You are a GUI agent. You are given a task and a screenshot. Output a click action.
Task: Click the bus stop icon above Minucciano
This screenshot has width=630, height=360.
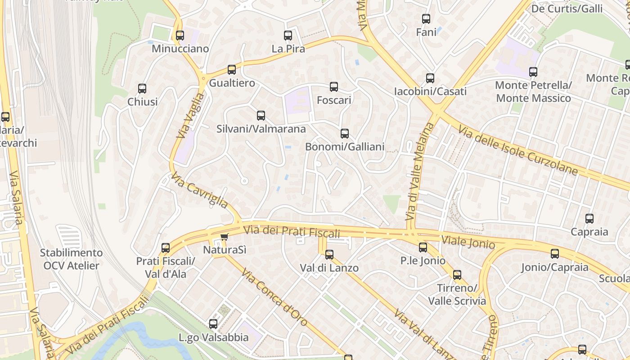click(x=180, y=36)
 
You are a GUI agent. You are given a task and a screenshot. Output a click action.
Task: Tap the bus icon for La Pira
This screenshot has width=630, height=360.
click(x=288, y=36)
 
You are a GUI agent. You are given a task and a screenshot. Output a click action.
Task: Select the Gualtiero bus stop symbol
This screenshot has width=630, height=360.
click(x=232, y=70)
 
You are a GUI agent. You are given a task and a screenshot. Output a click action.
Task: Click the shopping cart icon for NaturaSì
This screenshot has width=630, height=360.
click(x=224, y=237)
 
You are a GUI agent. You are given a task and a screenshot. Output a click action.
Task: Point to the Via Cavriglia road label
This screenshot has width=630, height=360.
click(x=199, y=192)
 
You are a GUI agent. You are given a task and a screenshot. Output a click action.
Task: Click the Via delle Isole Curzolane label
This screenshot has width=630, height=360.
click(x=517, y=150)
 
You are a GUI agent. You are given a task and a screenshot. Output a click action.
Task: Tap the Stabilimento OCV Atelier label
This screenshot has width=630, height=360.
click(x=71, y=259)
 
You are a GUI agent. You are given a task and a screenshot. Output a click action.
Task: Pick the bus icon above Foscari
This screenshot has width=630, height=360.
click(x=334, y=87)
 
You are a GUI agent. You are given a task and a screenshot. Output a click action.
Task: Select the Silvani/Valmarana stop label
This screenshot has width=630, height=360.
click(x=261, y=129)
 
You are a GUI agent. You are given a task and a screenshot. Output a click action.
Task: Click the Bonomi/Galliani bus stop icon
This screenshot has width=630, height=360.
click(x=345, y=134)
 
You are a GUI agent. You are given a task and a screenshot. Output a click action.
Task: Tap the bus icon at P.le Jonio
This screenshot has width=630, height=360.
click(x=423, y=247)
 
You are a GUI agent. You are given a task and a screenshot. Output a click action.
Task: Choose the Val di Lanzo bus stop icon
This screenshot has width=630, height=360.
click(x=329, y=255)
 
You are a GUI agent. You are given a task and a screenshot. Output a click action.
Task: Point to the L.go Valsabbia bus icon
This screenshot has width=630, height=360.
click(x=213, y=324)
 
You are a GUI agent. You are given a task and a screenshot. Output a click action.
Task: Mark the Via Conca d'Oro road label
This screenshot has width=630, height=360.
click(x=274, y=297)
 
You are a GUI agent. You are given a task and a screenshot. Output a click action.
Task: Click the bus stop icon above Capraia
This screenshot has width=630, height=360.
click(x=589, y=219)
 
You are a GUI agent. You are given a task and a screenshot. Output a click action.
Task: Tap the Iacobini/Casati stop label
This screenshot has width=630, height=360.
click(x=430, y=91)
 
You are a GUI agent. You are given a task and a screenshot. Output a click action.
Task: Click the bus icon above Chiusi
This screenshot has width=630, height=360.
click(x=142, y=89)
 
